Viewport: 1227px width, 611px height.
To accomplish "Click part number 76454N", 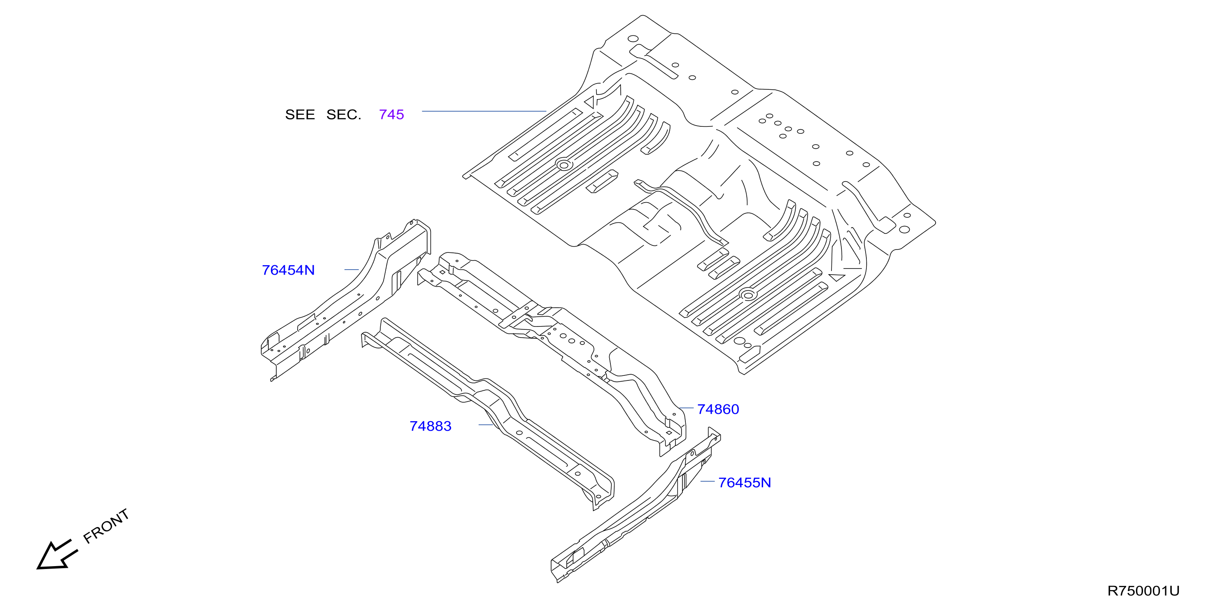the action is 288,270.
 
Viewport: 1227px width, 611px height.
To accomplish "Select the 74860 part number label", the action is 718,409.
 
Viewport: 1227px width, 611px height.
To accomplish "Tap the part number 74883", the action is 430,426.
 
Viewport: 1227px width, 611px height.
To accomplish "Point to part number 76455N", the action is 745,483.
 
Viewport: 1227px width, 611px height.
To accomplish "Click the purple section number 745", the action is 391,114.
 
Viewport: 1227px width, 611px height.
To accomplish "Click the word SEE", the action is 300,114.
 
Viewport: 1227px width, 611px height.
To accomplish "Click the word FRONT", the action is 106,526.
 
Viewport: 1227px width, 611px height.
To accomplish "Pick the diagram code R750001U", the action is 1143,591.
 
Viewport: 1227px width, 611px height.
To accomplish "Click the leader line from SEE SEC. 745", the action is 484,111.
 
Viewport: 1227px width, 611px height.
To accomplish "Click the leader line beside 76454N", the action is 352,270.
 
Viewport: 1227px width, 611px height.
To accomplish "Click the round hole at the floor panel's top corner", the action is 633,39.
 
